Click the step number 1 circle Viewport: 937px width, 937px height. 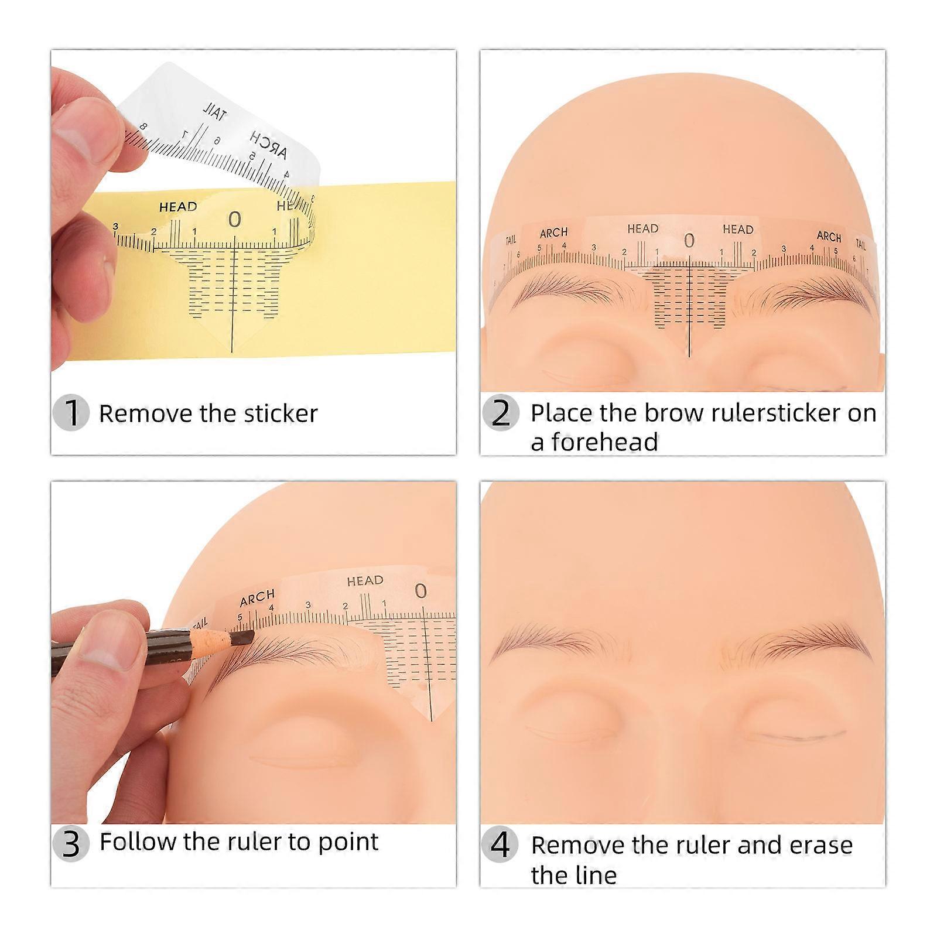(x=71, y=413)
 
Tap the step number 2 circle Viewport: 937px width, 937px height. (x=501, y=413)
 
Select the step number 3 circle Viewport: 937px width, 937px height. (x=71, y=844)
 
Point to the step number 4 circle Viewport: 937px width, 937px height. (x=501, y=844)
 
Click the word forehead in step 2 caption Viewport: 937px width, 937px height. (x=594, y=442)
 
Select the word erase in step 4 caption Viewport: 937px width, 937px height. (x=820, y=845)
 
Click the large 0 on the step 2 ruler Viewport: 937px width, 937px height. (x=689, y=241)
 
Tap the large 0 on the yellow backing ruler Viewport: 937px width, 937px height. (x=234, y=220)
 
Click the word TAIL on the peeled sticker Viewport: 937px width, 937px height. (x=215, y=112)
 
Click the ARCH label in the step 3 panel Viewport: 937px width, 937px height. (x=257, y=598)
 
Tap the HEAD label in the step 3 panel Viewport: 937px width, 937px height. (x=365, y=581)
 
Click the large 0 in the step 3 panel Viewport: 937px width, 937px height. (x=420, y=591)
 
